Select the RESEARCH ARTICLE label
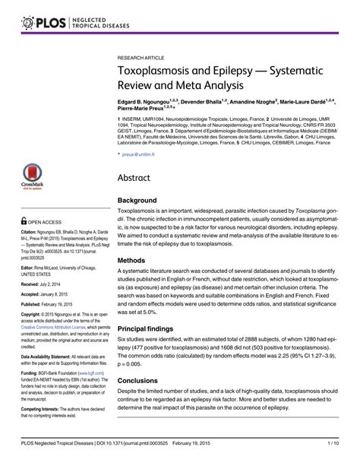(x=144, y=58)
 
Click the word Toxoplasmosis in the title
(x=158, y=75)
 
